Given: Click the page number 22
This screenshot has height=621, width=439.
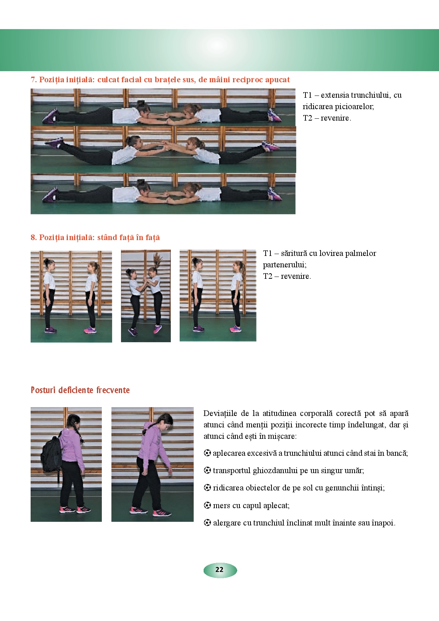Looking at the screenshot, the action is tap(219, 569).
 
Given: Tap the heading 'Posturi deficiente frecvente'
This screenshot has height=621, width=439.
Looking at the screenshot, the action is tap(80, 390).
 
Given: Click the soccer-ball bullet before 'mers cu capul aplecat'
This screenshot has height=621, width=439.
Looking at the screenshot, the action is tap(207, 505).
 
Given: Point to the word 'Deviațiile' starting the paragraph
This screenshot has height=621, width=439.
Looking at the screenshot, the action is tap(220, 413).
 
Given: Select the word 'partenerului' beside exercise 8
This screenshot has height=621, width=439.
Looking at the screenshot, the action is tap(284, 265).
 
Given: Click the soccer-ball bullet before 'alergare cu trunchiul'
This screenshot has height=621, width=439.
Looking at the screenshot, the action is tap(207, 523).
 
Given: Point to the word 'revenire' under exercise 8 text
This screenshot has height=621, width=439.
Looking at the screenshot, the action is tap(295, 276).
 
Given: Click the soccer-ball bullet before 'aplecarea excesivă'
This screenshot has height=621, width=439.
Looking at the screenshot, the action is tap(207, 453).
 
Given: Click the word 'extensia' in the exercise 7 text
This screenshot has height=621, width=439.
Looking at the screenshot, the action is tap(335, 95).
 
